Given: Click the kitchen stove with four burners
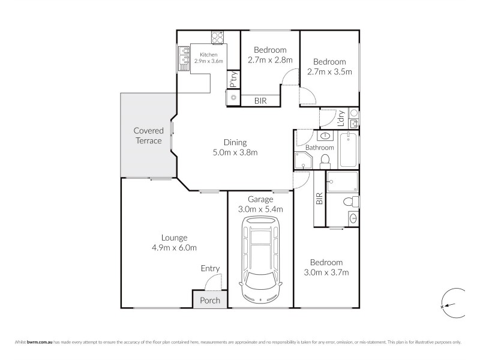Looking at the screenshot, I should [x=218, y=37].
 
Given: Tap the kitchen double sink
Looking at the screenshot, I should [x=182, y=56].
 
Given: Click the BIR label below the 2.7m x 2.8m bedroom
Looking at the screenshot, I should [x=260, y=101].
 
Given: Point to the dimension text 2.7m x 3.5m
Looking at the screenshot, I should [x=329, y=71].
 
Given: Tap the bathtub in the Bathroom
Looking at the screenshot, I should [x=349, y=151].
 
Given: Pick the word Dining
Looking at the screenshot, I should [x=235, y=142].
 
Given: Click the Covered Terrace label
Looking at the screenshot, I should [x=148, y=135].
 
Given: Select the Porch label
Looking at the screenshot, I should [x=210, y=300].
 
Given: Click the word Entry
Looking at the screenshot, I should [x=210, y=268].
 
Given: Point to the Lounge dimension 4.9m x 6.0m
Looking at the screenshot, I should [x=173, y=247].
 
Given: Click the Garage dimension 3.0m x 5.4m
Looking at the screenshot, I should [x=261, y=209].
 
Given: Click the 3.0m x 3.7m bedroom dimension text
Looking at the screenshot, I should [x=326, y=272].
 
